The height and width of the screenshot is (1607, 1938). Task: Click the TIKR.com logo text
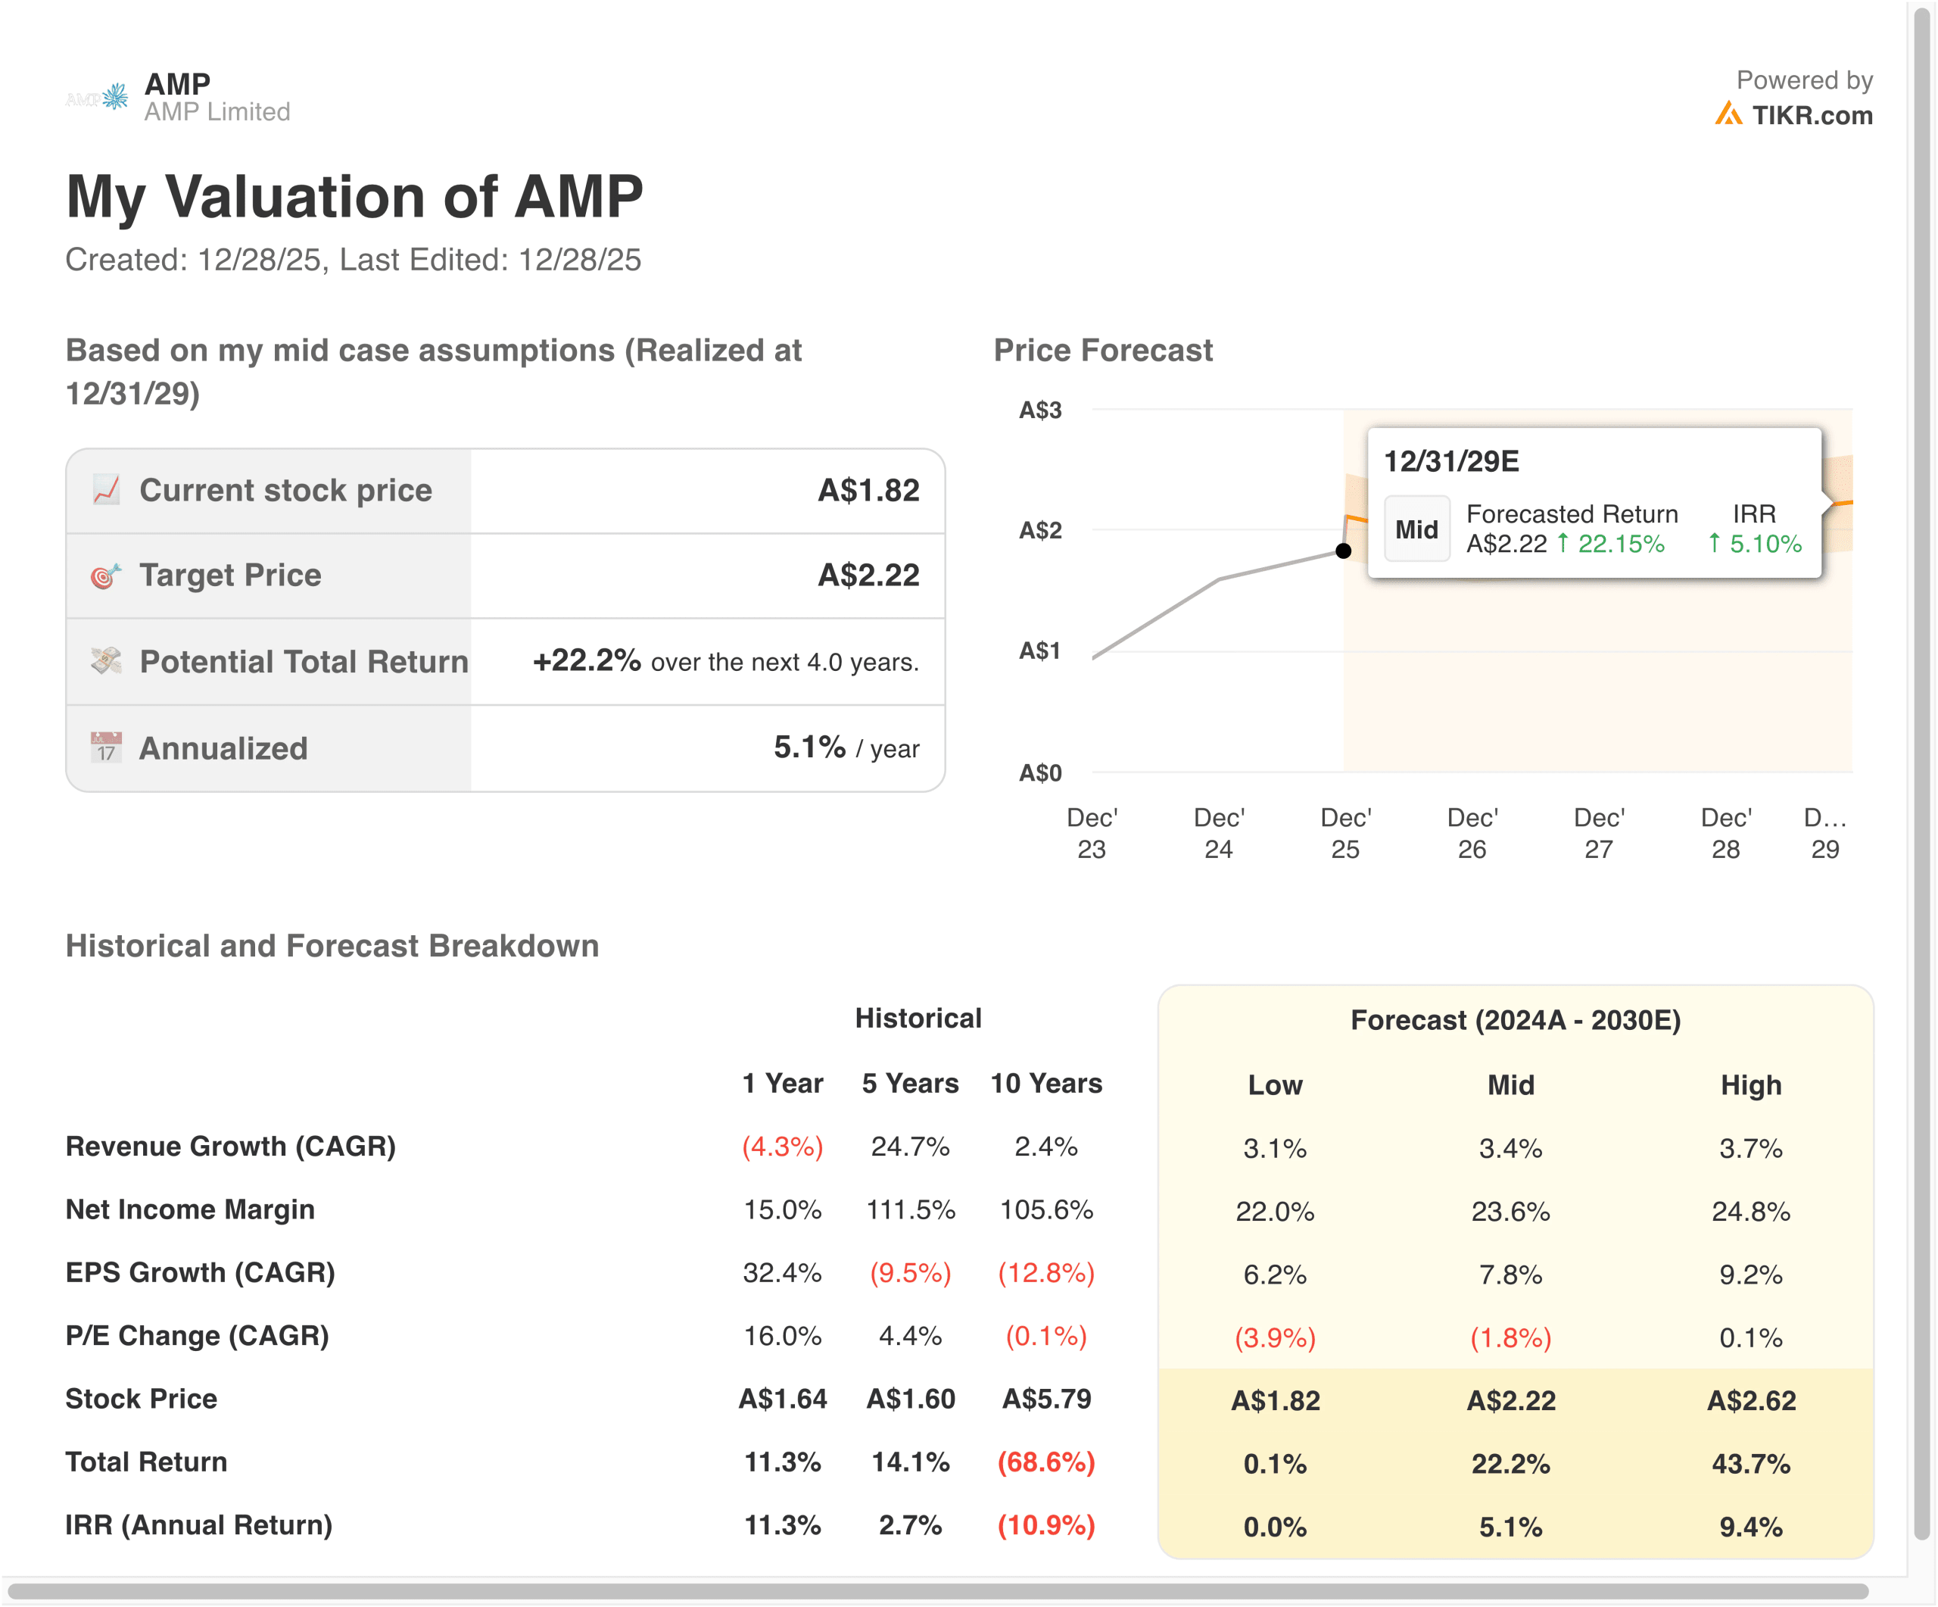(x=1811, y=115)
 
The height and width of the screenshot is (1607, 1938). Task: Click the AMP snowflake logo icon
(x=115, y=96)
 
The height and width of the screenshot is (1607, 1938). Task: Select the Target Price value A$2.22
(x=868, y=575)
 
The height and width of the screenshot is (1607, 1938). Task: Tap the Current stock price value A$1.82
(x=868, y=490)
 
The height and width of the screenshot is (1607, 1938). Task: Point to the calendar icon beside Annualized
(x=106, y=747)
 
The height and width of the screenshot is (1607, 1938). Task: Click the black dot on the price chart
(x=1344, y=551)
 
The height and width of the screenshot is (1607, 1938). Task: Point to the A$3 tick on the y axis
(x=1040, y=410)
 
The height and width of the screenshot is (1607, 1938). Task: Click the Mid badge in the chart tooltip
(x=1416, y=529)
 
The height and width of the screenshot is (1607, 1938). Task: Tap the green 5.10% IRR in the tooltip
(x=1764, y=544)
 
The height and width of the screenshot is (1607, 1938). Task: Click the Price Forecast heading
(x=1102, y=351)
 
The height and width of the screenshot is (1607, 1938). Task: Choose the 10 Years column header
(x=1045, y=1083)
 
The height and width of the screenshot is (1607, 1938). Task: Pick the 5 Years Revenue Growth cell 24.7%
(x=910, y=1147)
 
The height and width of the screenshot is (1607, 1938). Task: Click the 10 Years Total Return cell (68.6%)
(x=1045, y=1462)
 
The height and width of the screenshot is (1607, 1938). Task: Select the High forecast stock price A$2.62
(x=1751, y=1400)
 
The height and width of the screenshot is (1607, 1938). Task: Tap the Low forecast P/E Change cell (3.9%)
(x=1275, y=1337)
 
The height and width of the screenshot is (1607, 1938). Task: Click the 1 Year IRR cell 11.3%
(x=782, y=1525)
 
